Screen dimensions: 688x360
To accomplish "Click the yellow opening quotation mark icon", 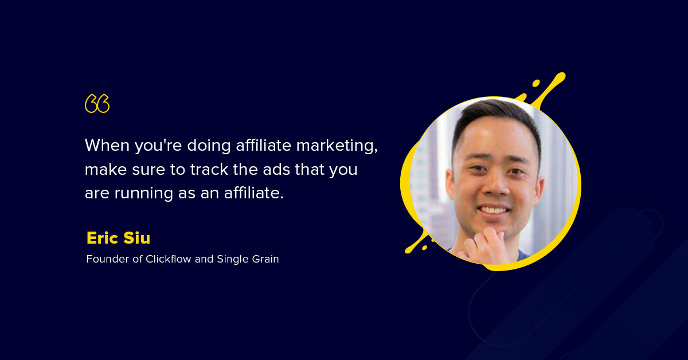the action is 97,103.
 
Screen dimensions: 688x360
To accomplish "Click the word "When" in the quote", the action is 107,145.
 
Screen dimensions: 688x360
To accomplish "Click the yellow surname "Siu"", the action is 136,238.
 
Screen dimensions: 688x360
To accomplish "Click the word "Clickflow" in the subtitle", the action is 169,259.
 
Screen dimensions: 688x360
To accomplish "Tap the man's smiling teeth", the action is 494,210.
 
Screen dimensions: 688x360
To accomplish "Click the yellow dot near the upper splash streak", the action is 536,83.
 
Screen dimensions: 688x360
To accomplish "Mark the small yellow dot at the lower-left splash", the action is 424,248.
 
